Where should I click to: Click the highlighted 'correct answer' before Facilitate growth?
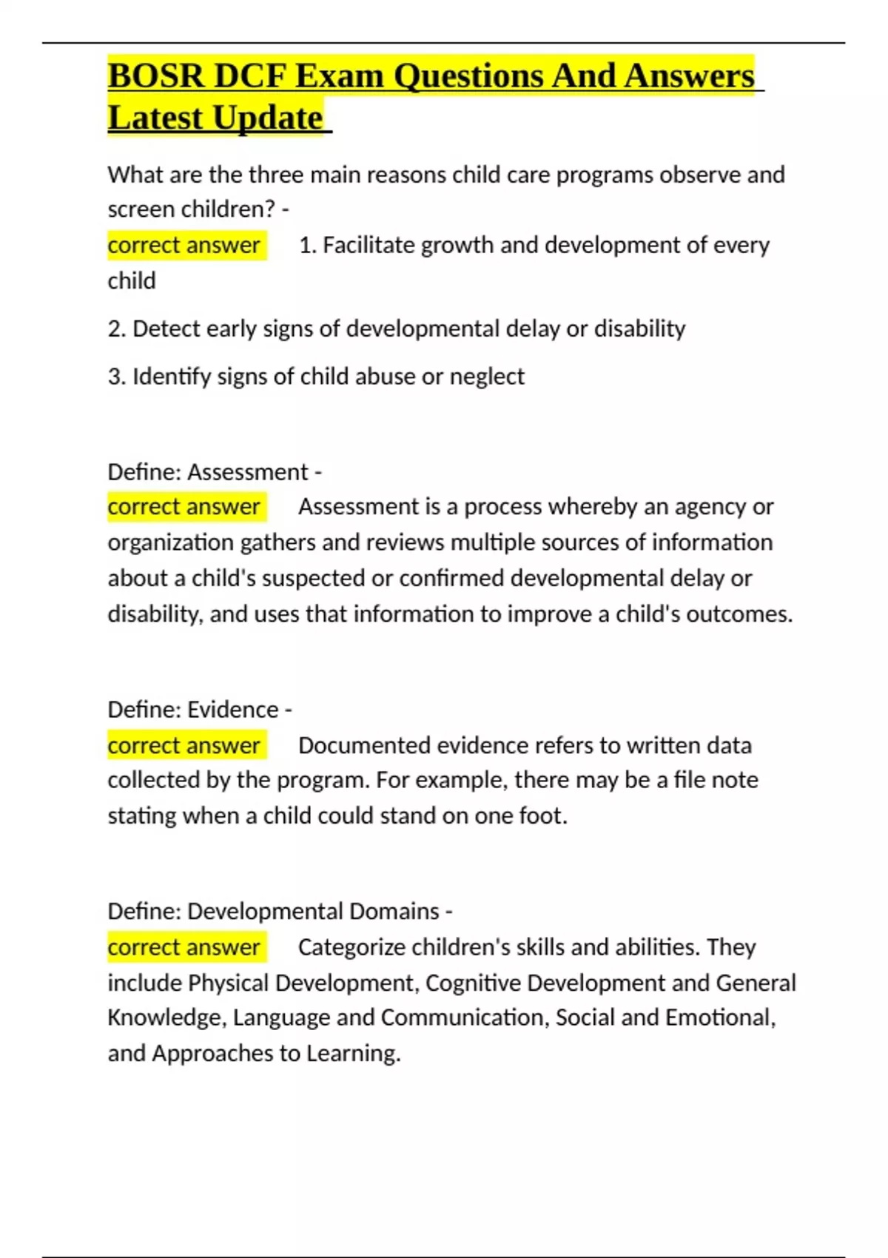click(x=184, y=245)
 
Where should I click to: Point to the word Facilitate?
click(x=368, y=245)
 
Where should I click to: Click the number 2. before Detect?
click(x=116, y=329)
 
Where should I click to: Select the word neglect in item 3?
click(x=487, y=377)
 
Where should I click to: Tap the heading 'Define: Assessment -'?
click(x=215, y=471)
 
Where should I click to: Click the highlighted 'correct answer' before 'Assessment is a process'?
click(x=184, y=507)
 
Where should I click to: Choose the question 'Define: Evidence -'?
click(x=200, y=710)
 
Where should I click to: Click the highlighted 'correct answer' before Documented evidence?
click(x=184, y=745)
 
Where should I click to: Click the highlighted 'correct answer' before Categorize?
click(x=184, y=947)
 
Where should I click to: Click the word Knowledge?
click(x=164, y=1018)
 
